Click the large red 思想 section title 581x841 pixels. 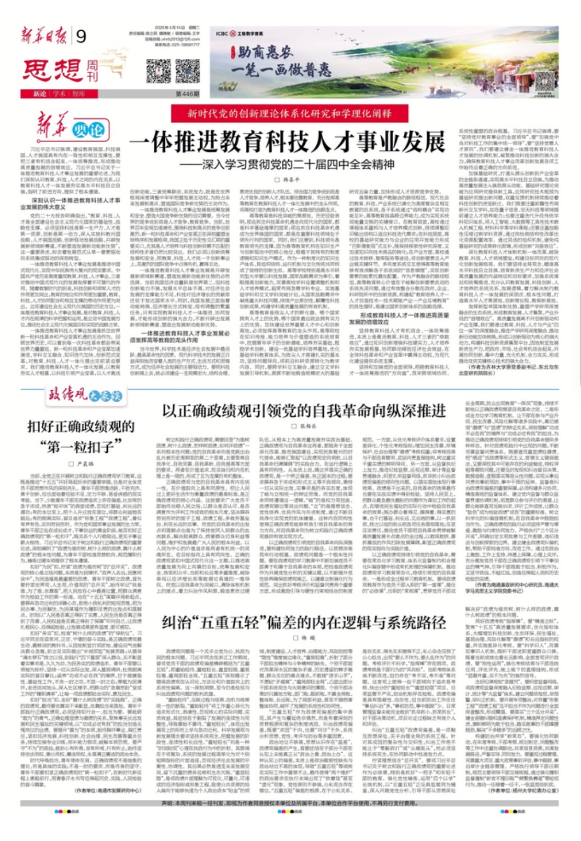52,71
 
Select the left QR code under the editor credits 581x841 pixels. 158,72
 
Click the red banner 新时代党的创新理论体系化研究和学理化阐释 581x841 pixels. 290,113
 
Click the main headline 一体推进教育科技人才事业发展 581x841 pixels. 287,141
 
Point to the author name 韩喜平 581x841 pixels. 291,179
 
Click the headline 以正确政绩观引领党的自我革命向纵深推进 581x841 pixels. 304,411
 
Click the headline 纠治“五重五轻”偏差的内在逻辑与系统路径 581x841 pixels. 304,623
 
